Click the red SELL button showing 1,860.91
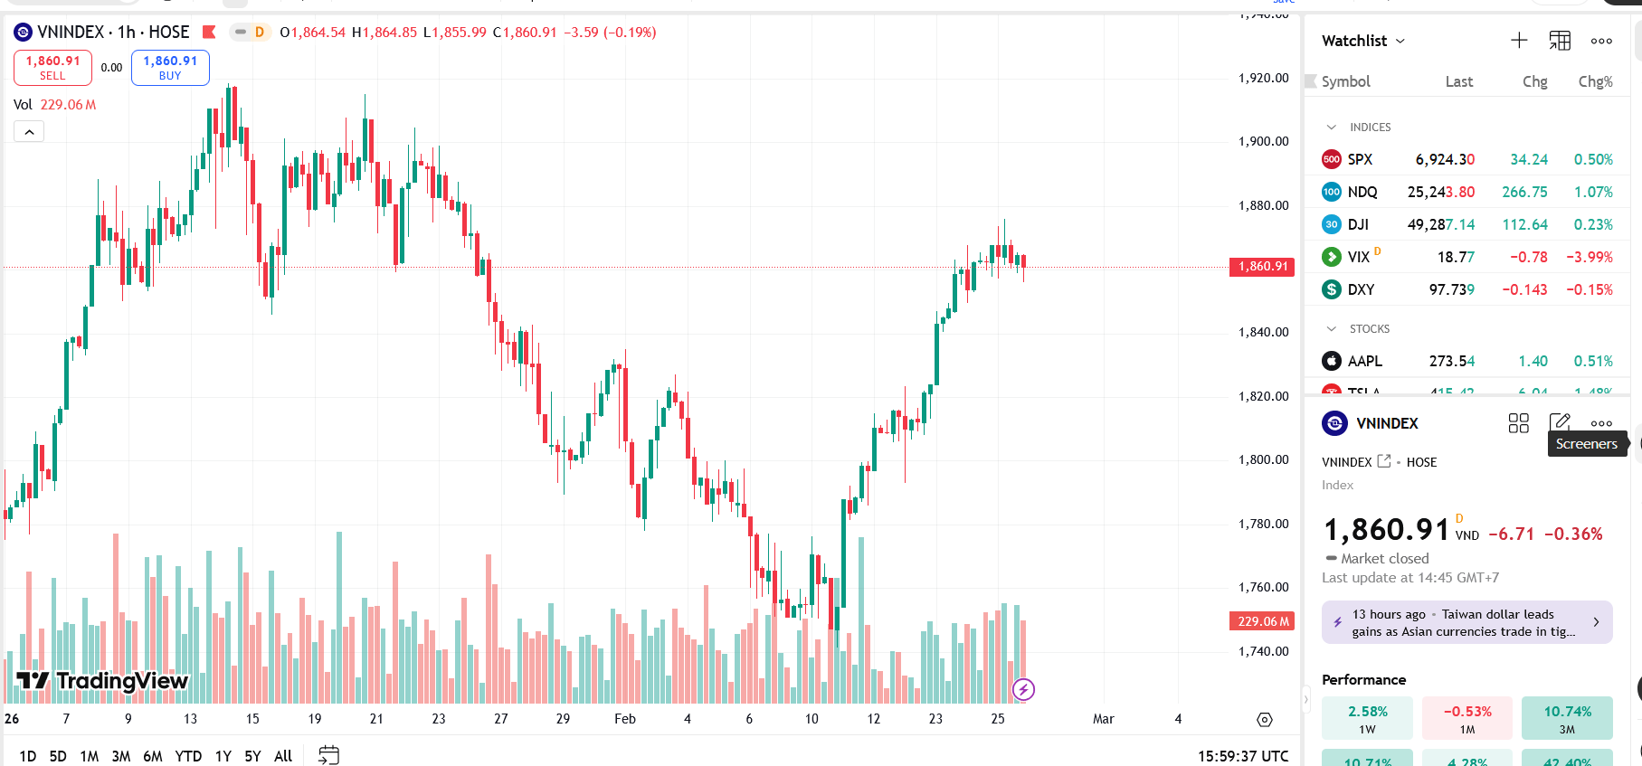pos(52,67)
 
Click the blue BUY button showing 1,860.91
pos(170,67)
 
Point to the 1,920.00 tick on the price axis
pos(1263,78)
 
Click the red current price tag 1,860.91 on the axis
pos(1262,267)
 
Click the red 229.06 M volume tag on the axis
pos(1262,621)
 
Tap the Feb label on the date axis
pos(624,719)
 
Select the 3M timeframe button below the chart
pos(120,756)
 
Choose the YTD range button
pos(188,756)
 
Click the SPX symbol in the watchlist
pos(1360,159)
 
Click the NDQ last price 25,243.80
pos(1440,192)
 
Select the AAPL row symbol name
pos(1364,361)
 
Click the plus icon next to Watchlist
pos(1519,41)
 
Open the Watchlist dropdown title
pos(1362,41)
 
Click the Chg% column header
pos(1595,81)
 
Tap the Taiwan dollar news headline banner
pos(1466,622)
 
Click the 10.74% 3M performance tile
pos(1567,718)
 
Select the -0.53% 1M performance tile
pos(1466,718)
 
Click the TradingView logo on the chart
pos(102,680)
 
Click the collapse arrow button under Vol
pos(29,132)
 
